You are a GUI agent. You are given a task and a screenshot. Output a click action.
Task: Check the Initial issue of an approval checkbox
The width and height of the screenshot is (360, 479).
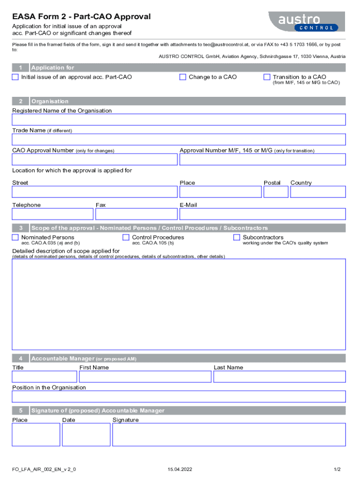coord(15,77)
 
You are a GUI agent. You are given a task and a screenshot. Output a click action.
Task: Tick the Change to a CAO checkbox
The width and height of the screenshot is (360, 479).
coord(183,77)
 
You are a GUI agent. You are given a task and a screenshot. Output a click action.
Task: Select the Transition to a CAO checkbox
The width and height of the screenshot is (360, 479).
coord(267,77)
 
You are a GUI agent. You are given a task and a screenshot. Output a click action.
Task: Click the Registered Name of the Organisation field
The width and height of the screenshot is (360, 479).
coord(179,120)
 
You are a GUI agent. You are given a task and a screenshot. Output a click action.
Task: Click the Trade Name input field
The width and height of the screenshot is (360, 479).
coord(179,140)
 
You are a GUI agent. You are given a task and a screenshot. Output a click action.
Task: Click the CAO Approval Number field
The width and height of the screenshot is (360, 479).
coord(94,160)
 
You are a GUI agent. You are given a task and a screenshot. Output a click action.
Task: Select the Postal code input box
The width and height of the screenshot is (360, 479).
coord(275,192)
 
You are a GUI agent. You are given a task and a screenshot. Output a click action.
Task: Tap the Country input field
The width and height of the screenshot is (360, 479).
coord(318,192)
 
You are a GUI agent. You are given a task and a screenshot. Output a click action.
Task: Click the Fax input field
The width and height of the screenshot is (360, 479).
coord(136,214)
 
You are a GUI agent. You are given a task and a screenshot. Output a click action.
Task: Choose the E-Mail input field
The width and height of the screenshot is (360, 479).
coord(262,214)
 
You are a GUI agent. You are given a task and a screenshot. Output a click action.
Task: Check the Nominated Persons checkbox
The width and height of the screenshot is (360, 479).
coord(15,238)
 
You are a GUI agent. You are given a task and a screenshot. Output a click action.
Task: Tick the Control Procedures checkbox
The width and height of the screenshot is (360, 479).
coord(126,238)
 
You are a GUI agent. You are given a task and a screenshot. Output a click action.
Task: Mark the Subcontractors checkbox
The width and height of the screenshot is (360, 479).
coord(237,238)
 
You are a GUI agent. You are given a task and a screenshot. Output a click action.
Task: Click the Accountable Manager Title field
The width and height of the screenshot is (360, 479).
coord(44,377)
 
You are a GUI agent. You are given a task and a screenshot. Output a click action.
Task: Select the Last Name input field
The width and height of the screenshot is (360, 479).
coord(279,377)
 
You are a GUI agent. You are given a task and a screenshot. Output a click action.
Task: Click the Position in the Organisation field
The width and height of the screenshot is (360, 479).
coord(179,397)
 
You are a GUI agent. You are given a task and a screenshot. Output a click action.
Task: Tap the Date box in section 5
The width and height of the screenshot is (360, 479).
coord(86,435)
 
